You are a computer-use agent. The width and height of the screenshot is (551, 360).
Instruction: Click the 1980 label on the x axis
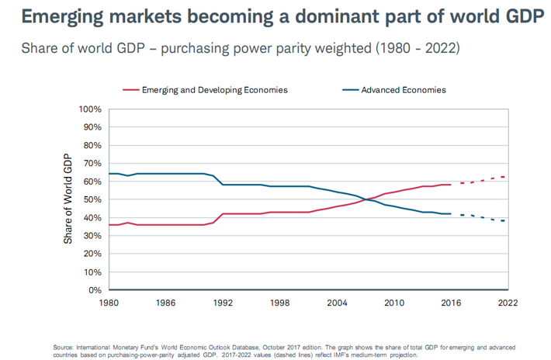tap(108, 302)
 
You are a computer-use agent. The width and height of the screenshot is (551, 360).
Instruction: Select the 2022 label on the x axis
tap(508, 302)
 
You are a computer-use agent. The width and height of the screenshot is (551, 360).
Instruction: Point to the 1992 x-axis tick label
tap(223, 302)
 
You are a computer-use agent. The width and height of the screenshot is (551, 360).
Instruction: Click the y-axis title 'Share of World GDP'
tap(68, 200)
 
